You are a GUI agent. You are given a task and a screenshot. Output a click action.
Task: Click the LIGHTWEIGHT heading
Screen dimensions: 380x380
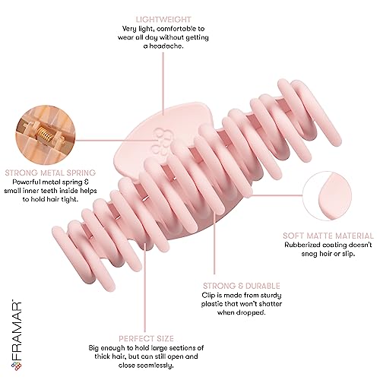pyautogui.click(x=163, y=20)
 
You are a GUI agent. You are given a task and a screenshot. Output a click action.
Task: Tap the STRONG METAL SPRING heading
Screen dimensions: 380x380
pyautogui.click(x=50, y=173)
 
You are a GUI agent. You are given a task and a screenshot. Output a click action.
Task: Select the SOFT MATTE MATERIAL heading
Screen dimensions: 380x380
pyautogui.click(x=328, y=236)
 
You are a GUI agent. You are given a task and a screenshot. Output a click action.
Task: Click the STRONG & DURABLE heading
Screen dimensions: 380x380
pyautogui.click(x=242, y=286)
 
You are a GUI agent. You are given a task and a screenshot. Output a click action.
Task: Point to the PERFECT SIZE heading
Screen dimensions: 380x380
pyautogui.click(x=146, y=339)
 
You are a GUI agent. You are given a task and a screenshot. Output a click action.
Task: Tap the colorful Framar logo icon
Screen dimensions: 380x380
pyautogui.click(x=17, y=366)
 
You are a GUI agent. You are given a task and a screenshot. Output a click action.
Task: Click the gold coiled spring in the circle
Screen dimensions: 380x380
pyautogui.click(x=45, y=134)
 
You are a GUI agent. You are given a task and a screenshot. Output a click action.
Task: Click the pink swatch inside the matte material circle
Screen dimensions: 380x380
pyautogui.click(x=334, y=196)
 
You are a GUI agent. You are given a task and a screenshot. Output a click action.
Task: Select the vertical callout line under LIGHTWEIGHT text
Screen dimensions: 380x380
pyautogui.click(x=163, y=84)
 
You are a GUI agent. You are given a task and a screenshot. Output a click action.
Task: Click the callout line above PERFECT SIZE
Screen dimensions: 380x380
pyautogui.click(x=145, y=287)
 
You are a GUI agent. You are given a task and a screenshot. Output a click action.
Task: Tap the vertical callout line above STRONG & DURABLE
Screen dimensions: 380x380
pyautogui.click(x=214, y=244)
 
